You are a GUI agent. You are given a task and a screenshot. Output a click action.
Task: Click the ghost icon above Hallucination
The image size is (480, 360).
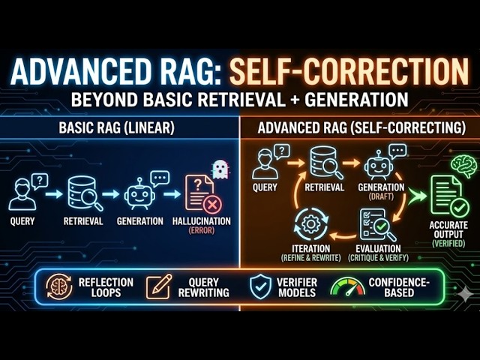220,169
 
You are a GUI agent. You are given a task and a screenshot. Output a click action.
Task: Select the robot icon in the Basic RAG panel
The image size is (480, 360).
140,194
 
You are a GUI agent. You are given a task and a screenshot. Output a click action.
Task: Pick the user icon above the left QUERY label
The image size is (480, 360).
25,193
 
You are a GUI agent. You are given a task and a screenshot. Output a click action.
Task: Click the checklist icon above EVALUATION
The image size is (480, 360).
374,224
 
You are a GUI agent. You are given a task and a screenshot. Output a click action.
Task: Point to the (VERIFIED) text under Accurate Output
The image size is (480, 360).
449,244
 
